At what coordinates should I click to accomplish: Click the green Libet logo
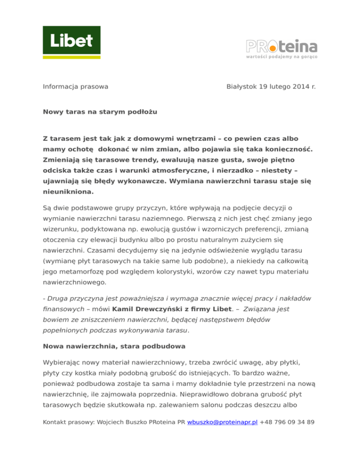coord(72,41)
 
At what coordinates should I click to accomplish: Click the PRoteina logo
coord(282,46)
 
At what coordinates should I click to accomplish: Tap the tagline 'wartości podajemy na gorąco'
coord(282,56)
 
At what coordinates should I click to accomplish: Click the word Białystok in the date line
coord(242,87)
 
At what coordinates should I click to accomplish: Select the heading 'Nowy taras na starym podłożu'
coord(99,112)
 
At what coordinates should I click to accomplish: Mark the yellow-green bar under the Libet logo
coord(72,57)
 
